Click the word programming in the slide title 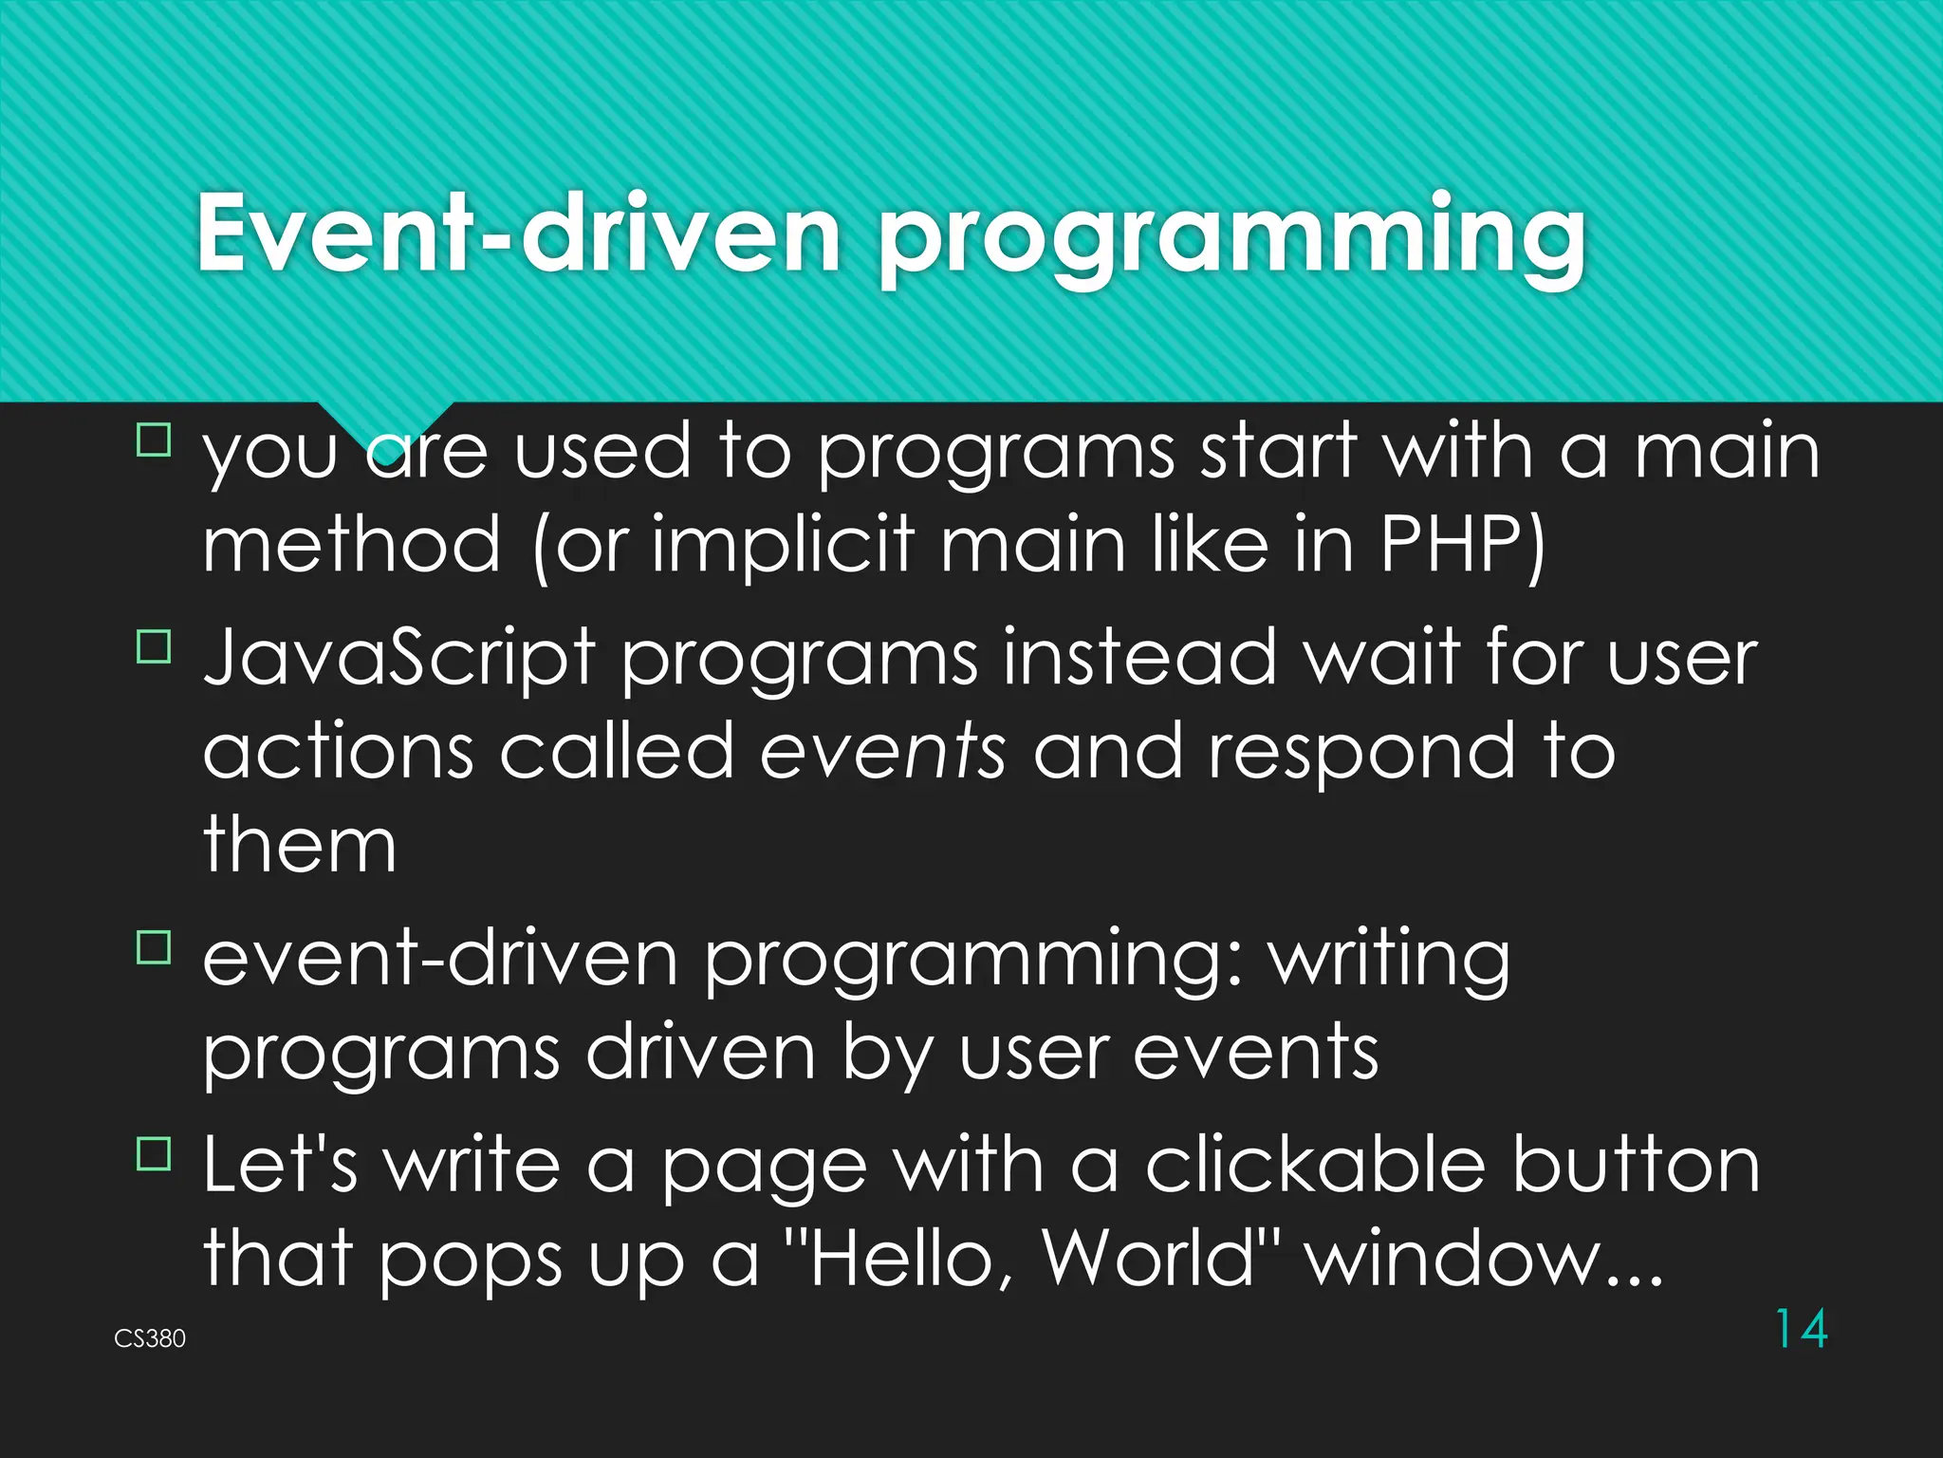[x=1230, y=237]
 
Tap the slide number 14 [x=1800, y=1328]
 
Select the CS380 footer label [x=150, y=1338]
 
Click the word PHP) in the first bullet [x=1462, y=545]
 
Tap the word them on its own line [x=300, y=845]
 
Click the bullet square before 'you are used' [x=154, y=440]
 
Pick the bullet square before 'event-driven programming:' [x=154, y=947]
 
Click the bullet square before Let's [x=154, y=1154]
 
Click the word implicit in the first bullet [x=783, y=545]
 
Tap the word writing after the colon [x=1390, y=961]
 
